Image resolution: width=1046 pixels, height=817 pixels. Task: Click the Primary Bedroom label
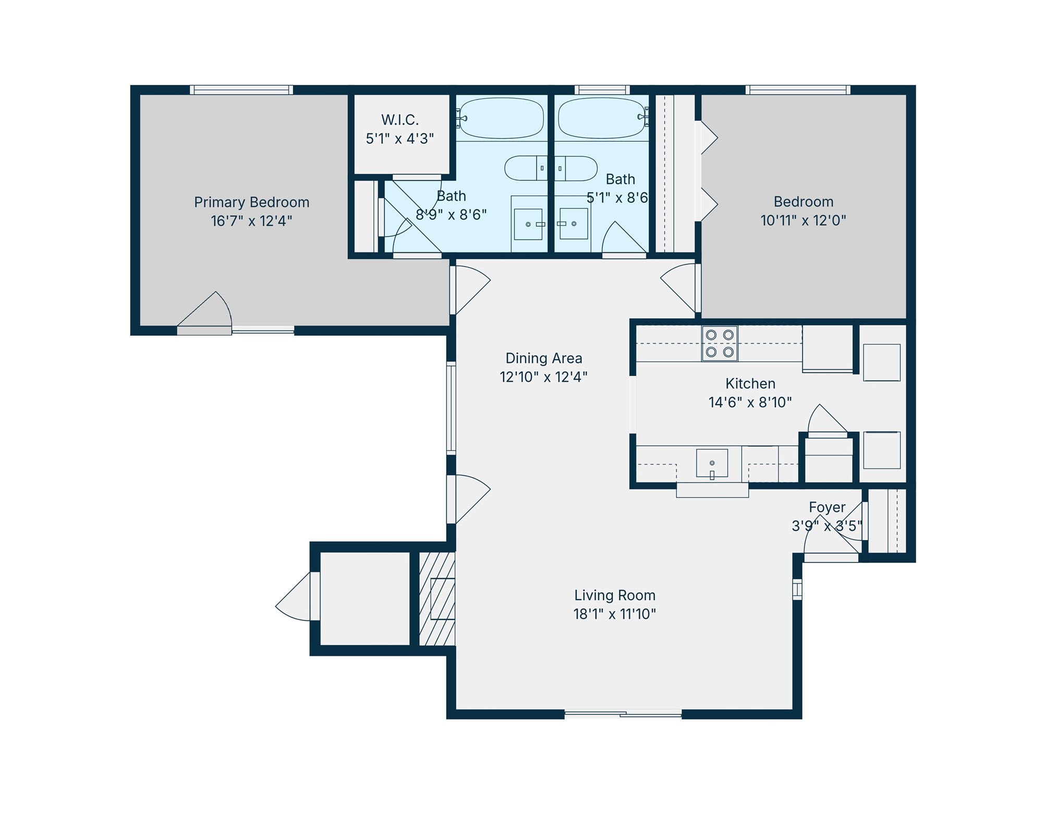(x=251, y=202)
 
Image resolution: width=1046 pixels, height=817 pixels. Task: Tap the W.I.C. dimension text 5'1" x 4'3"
(x=399, y=139)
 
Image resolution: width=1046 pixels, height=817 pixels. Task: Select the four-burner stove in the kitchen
(x=720, y=344)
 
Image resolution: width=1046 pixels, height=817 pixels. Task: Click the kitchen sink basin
(x=712, y=462)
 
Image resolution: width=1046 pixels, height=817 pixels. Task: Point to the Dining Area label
(x=543, y=358)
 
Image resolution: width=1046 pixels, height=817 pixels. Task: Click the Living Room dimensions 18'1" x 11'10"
(x=614, y=614)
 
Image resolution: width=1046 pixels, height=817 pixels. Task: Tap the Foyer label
(x=827, y=507)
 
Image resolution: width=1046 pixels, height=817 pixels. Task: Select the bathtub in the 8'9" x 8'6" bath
(x=501, y=118)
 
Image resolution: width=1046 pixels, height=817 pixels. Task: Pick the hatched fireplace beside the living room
(x=437, y=599)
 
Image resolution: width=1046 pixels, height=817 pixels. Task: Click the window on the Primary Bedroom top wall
(x=241, y=90)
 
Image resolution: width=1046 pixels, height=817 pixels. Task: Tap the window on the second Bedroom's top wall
(x=798, y=90)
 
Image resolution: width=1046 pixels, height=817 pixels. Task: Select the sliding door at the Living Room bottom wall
(x=623, y=714)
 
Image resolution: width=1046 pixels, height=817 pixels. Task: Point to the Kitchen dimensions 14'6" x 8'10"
(x=750, y=403)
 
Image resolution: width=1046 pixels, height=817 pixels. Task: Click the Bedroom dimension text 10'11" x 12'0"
(x=803, y=221)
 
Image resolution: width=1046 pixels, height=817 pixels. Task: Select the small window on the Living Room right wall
(x=797, y=589)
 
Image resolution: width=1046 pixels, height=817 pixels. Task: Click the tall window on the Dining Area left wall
(x=451, y=408)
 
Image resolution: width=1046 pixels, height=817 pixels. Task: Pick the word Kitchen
(x=750, y=384)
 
